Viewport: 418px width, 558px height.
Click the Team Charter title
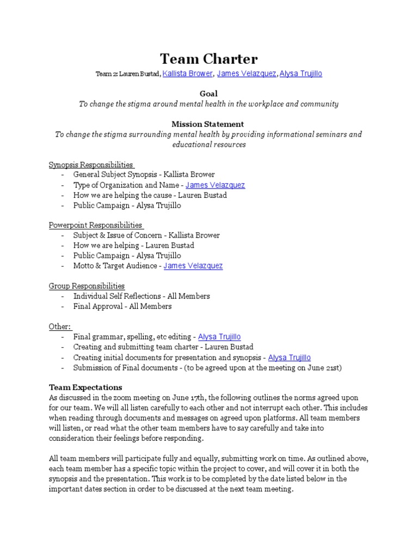click(208, 59)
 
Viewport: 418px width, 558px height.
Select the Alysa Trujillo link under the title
click(301, 74)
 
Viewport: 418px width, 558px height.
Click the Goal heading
click(208, 94)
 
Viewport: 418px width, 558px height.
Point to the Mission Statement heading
click(208, 124)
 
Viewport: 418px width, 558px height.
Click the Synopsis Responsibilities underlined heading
click(91, 165)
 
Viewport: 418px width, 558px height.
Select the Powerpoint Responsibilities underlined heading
click(95, 225)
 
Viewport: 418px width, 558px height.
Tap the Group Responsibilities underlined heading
click(87, 286)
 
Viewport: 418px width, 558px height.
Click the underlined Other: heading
click(60, 326)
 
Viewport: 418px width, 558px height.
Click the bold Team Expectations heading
click(85, 387)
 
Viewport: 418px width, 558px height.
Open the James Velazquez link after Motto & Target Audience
click(193, 266)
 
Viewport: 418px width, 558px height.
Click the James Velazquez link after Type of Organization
click(216, 185)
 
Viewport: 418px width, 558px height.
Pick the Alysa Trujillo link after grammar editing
click(219, 337)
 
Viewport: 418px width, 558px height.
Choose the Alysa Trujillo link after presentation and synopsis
click(290, 357)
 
